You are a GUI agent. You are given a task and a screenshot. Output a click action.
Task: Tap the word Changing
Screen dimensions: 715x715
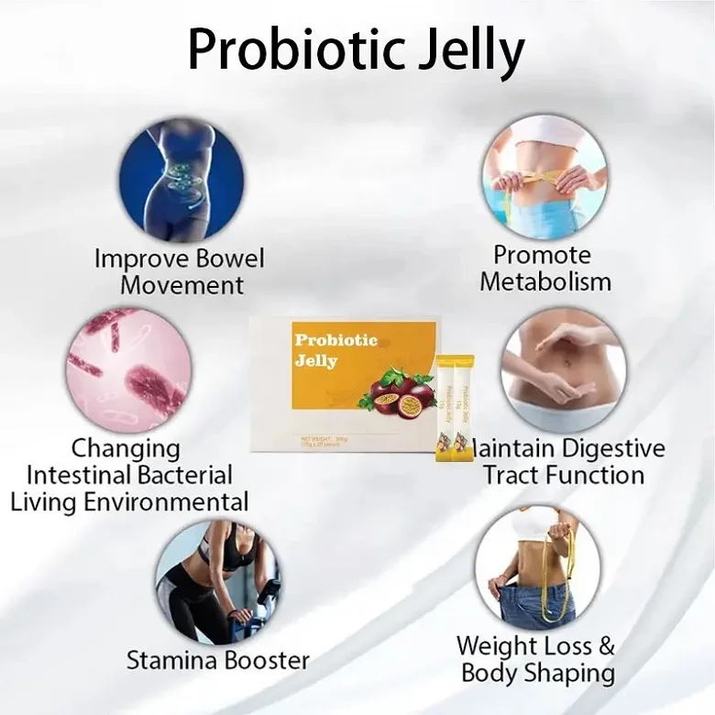point(126,449)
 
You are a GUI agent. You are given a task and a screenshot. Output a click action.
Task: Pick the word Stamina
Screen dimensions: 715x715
point(170,660)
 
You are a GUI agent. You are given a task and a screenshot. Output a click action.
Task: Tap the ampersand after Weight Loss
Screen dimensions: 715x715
point(606,645)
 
